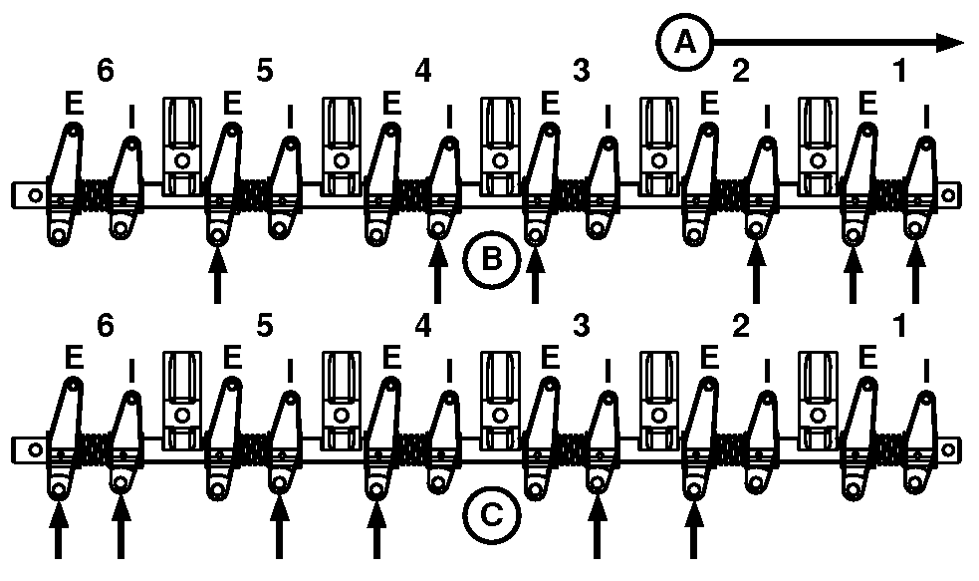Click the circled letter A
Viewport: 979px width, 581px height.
click(x=685, y=43)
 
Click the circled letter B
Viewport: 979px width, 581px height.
click(x=491, y=259)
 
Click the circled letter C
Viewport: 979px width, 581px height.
click(x=491, y=515)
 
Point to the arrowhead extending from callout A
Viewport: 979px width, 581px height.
click(x=951, y=43)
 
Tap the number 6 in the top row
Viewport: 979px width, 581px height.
click(x=106, y=71)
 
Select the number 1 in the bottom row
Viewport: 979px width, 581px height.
click(x=899, y=325)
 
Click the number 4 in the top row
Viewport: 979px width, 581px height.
click(x=422, y=71)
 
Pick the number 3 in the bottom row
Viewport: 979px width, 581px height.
click(x=582, y=325)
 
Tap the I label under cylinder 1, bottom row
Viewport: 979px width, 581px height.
click(x=926, y=371)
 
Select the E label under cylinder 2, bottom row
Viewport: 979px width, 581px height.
click(x=709, y=358)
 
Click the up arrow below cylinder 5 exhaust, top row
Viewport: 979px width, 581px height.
click(x=217, y=275)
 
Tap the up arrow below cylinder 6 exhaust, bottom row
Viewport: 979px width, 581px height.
click(x=58, y=530)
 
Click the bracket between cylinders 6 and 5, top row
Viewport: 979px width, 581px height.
click(x=182, y=146)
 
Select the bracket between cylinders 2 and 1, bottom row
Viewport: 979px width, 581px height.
click(x=818, y=401)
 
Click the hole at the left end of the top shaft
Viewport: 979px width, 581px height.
click(x=36, y=195)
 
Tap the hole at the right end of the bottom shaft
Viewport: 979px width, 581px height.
click(x=948, y=450)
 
